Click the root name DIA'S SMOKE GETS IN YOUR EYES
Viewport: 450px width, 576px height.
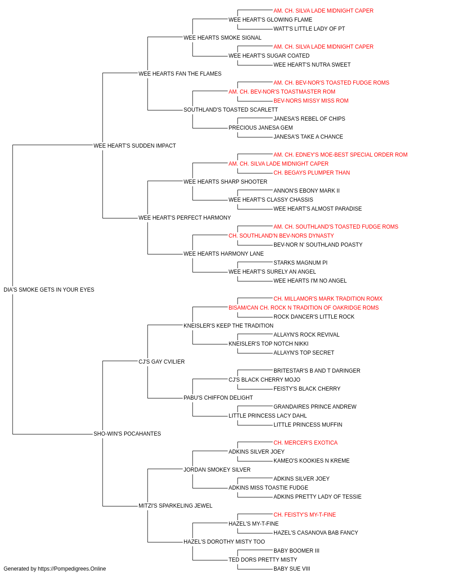pyautogui.click(x=49, y=290)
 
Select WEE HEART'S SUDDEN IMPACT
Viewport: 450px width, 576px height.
pyautogui.click(x=135, y=146)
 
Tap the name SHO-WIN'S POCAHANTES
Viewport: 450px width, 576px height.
pyautogui.click(x=127, y=434)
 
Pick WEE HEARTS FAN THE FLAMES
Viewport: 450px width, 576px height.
pyautogui.click(x=180, y=74)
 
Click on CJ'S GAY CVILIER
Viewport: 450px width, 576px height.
pyautogui.click(x=162, y=361)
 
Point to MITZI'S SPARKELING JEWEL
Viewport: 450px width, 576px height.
pyautogui.click(x=175, y=506)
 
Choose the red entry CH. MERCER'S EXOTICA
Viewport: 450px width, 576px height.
pyautogui.click(x=306, y=443)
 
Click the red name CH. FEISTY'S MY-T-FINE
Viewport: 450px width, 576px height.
pyautogui.click(x=305, y=515)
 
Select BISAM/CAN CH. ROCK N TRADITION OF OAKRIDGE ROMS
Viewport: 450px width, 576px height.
pyautogui.click(x=304, y=308)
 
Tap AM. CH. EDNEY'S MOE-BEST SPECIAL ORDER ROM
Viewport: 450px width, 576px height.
pyautogui.click(x=341, y=155)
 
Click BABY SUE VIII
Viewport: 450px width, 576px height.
pyautogui.click(x=292, y=569)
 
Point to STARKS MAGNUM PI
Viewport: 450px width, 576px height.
pyautogui.click(x=301, y=263)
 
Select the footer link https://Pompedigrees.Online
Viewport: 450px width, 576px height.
pyautogui.click(x=72, y=569)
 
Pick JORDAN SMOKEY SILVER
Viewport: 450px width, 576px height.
pyautogui.click(x=217, y=470)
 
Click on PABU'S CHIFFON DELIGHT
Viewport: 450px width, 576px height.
pyautogui.click(x=218, y=398)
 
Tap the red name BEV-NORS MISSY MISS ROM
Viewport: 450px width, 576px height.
pyautogui.click(x=311, y=101)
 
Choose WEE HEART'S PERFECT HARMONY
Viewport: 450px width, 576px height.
pyautogui.click(x=184, y=218)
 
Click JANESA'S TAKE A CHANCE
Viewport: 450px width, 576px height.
pyautogui.click(x=308, y=137)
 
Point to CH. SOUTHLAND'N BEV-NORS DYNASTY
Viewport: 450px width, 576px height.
pyautogui.click(x=281, y=236)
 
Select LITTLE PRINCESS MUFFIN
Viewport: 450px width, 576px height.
pyautogui.click(x=308, y=425)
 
